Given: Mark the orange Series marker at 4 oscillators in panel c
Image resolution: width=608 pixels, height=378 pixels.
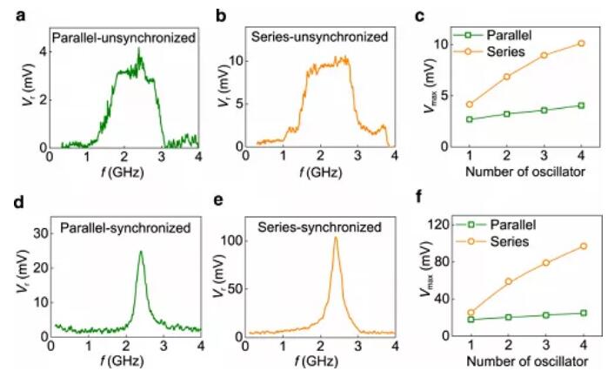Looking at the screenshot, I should (581, 44).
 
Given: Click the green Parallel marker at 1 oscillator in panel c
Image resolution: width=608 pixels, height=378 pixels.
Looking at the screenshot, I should (470, 119).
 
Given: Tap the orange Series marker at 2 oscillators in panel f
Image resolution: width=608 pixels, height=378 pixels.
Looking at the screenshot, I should (507, 281).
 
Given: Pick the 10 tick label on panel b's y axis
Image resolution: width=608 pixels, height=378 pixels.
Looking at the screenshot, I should (232, 62).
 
